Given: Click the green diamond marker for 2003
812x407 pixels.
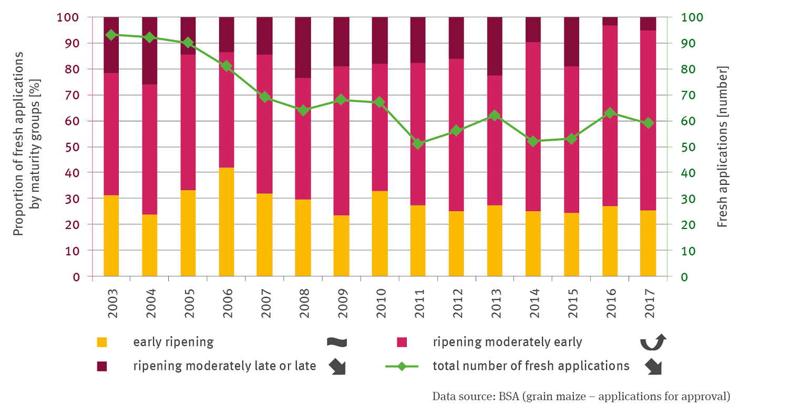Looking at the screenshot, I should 111,35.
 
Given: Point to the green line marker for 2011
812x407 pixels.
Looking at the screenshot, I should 418,143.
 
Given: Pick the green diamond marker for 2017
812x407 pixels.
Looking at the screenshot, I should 648,123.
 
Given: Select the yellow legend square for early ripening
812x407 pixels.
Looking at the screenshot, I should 102,342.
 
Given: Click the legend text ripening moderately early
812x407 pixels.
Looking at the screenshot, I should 507,342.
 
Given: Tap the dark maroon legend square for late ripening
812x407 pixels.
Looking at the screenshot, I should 102,366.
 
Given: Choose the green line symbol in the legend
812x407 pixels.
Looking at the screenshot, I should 402,366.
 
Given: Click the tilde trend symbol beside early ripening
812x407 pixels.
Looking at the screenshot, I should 336,342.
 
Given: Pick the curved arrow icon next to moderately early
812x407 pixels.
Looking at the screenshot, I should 653,342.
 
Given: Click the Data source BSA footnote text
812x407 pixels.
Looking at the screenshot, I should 581,396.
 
